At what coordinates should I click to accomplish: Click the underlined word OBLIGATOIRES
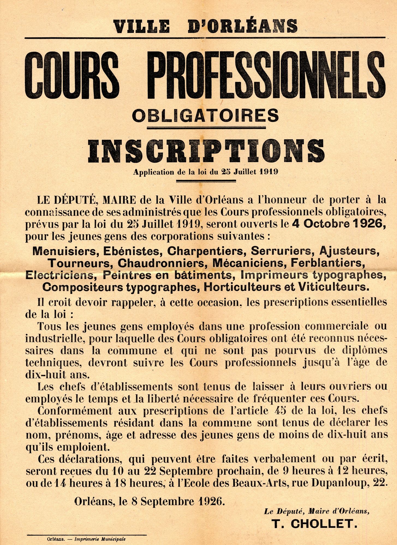click(205, 116)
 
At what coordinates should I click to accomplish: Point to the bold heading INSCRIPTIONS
click(206, 151)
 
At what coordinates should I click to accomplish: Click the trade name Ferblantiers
click(328, 263)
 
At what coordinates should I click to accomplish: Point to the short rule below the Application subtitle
click(206, 181)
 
